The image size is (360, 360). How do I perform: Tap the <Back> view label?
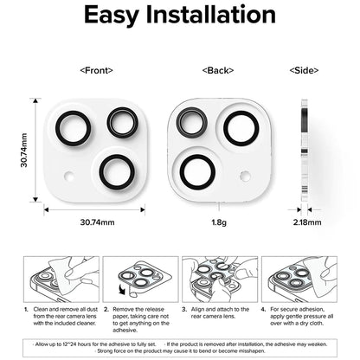click(215, 69)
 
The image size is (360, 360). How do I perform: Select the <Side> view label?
click(303, 69)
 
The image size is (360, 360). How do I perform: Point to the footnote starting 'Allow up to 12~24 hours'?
click(95, 343)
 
